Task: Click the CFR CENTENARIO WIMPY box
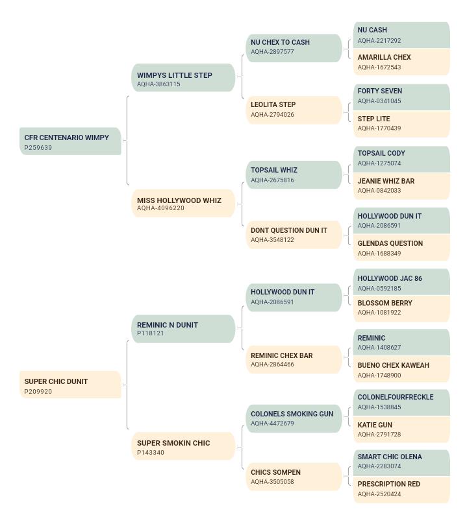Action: coord(70,141)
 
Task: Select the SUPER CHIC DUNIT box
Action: coord(70,385)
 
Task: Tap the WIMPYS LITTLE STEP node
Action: coord(183,78)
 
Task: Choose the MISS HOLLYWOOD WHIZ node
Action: coord(183,203)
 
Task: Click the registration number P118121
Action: coord(150,333)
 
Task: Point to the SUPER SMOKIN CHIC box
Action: coord(183,446)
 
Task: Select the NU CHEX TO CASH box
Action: coord(294,48)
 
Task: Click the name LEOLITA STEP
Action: coord(273,104)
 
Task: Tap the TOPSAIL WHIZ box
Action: coord(294,174)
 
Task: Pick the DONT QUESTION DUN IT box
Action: coord(294,235)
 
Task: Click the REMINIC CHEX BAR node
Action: coord(294,359)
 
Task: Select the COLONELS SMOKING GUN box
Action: coord(294,418)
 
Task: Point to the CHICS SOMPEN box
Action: coord(294,477)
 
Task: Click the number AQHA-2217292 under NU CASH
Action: coord(379,41)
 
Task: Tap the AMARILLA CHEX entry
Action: coord(401,62)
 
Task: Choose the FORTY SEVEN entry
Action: coord(401,97)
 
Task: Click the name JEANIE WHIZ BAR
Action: coord(386,181)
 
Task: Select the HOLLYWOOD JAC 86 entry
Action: coord(401,281)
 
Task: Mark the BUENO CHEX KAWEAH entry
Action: coord(401,370)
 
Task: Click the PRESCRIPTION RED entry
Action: coord(401,490)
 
